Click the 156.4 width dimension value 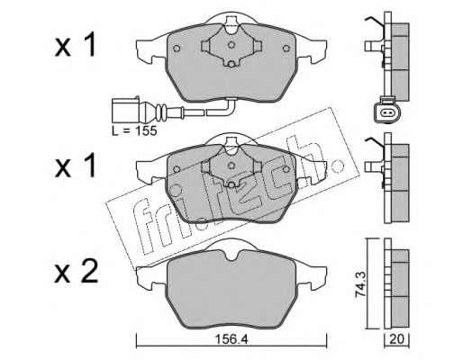(x=231, y=339)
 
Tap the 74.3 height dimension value (x=360, y=283)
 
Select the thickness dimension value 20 (x=396, y=339)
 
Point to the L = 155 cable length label (x=134, y=130)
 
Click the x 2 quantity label (x=77, y=272)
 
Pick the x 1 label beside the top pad (x=75, y=45)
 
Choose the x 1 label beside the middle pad (x=75, y=165)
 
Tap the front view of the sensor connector (x=386, y=111)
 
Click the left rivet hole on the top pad (x=177, y=49)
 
